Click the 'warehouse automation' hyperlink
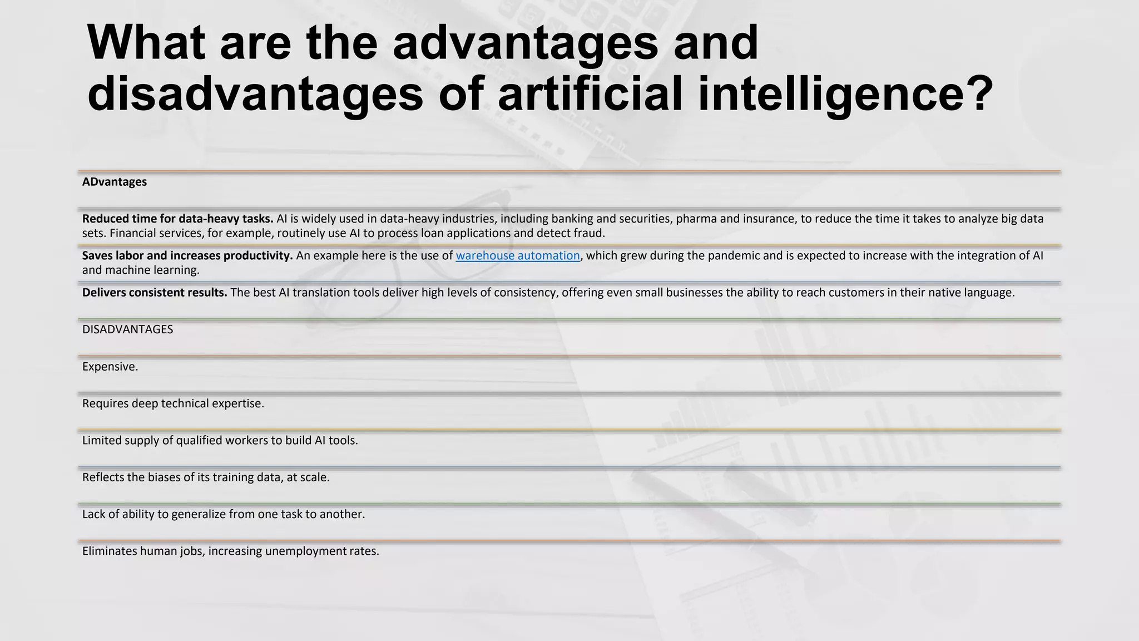coord(517,256)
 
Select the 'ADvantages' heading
coord(115,182)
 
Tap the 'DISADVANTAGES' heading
coord(127,329)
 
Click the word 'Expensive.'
coord(110,367)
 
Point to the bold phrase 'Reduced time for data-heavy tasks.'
coord(177,219)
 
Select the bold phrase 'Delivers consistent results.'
coord(155,293)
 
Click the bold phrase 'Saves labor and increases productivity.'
coord(187,256)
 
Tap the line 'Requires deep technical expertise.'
coord(173,403)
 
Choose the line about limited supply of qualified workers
coord(220,441)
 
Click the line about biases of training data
coord(206,477)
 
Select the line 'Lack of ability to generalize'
coord(224,514)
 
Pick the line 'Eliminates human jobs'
coord(230,551)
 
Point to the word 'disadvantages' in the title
coord(255,93)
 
